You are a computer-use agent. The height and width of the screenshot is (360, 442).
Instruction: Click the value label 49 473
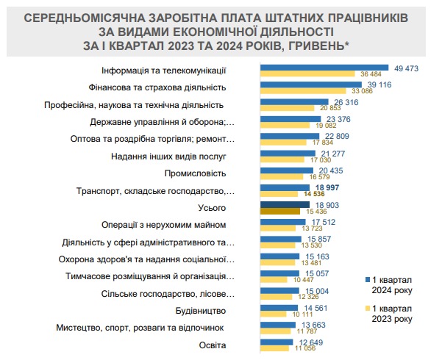tap(407, 67)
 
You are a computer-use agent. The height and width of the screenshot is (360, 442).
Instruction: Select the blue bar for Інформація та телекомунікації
tap(324, 68)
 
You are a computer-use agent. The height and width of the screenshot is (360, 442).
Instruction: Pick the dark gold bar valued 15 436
tap(284, 212)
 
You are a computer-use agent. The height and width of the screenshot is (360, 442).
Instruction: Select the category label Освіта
tap(213, 345)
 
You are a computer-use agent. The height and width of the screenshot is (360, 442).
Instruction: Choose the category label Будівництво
tap(201, 311)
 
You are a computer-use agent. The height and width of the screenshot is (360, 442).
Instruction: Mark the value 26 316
tap(348, 101)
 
